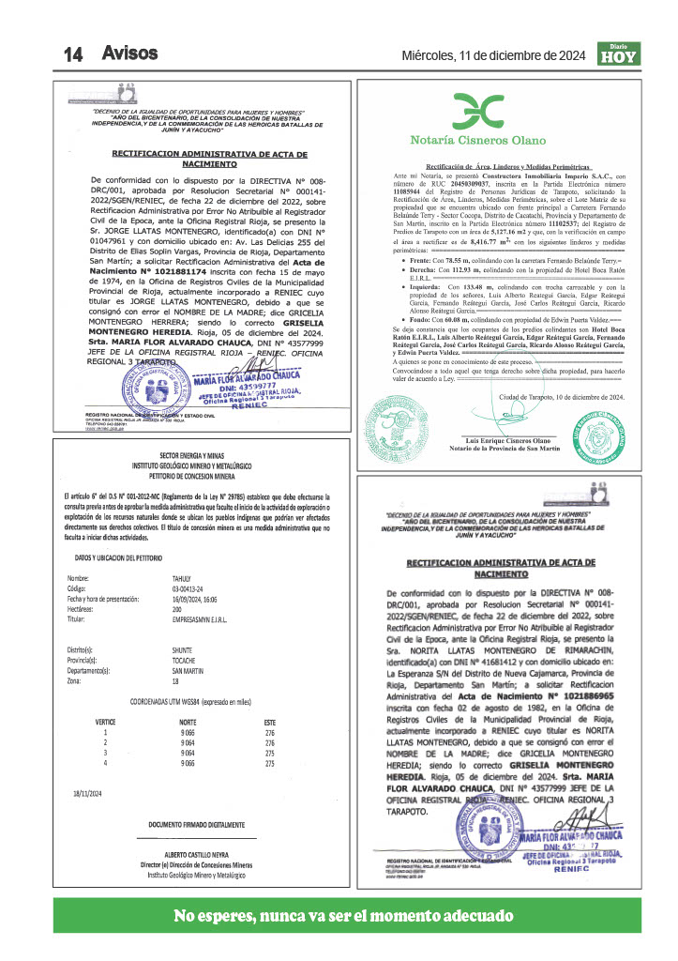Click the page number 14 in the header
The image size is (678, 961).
pos(74,54)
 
